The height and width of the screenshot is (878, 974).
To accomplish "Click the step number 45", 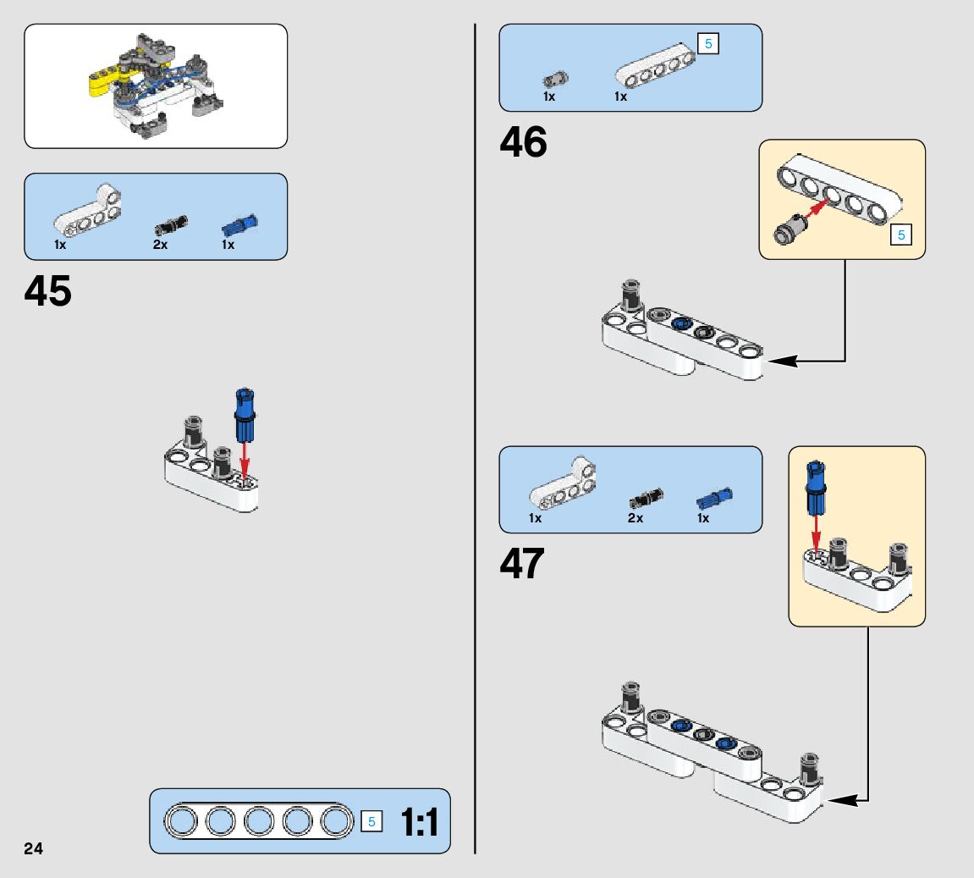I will coord(48,291).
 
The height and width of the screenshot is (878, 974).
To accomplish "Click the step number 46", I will coord(523,142).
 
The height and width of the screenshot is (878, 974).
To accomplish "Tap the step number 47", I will coord(522,564).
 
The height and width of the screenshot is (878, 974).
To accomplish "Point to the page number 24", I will coord(34,849).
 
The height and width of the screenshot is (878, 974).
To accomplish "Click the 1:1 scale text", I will coord(419,822).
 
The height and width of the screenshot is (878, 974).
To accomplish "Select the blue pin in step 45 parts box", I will coord(239,225).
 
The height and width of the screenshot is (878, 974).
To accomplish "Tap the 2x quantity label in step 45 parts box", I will coord(160,245).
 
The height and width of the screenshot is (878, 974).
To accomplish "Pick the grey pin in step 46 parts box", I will coord(555,80).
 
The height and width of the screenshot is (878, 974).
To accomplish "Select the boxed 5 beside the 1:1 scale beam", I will coord(371,821).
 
